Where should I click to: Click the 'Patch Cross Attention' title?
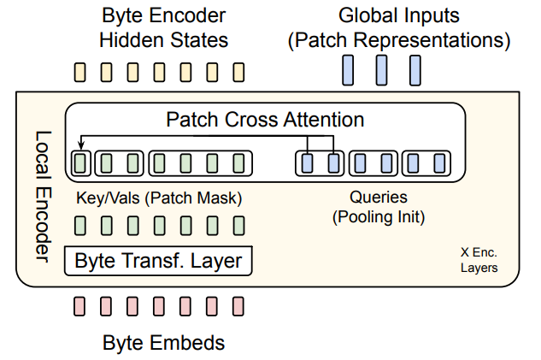tap(265, 119)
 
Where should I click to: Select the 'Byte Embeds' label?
tap(163, 343)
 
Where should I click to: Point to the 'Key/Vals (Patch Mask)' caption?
tap(160, 198)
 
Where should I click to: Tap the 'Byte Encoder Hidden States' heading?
tap(163, 27)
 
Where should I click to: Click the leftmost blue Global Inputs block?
tap(349, 68)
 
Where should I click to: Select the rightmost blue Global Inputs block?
tap(415, 68)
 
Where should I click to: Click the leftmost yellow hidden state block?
tap(79, 73)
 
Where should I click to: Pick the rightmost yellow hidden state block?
tap(238, 73)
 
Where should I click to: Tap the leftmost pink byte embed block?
tap(79, 305)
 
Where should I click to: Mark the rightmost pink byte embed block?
tap(238, 305)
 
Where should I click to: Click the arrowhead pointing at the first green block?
tap(80, 147)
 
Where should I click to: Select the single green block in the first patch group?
tap(80, 162)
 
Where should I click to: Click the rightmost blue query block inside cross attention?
tap(439, 162)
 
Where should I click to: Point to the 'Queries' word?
tap(378, 198)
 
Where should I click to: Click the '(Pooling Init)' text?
tap(378, 217)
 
